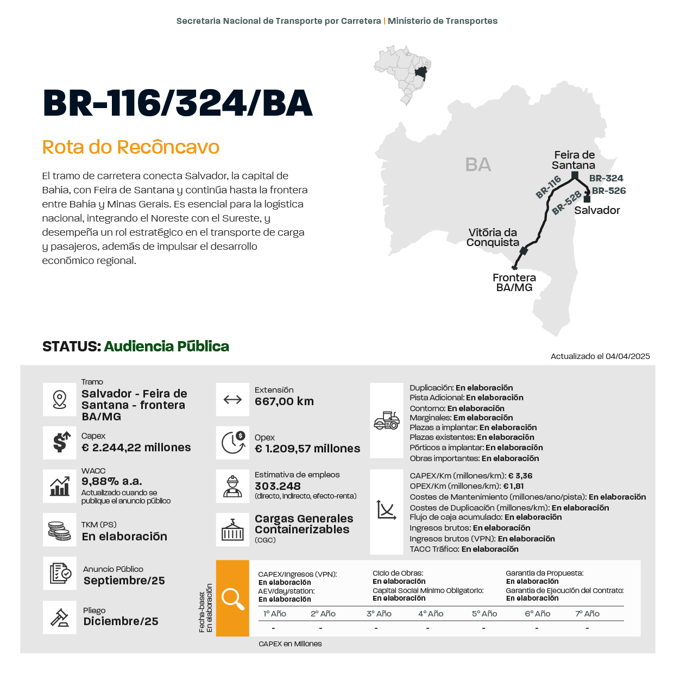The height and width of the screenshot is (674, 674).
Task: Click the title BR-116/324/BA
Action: tap(178, 103)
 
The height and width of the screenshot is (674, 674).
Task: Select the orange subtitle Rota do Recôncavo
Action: tap(131, 147)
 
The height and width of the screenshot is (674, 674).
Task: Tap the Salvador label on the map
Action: tap(597, 210)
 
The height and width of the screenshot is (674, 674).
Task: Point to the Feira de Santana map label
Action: tap(574, 160)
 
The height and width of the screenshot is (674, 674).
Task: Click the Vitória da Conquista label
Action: tap(493, 237)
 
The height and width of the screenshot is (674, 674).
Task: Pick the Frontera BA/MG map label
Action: tap(514, 282)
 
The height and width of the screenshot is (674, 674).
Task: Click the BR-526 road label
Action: tap(609, 191)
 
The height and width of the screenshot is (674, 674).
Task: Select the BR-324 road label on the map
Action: tap(606, 178)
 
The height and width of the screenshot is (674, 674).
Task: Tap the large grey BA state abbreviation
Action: tap(478, 165)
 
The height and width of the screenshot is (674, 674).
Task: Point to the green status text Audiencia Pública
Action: tap(166, 347)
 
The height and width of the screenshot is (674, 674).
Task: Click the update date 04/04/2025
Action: tap(627, 356)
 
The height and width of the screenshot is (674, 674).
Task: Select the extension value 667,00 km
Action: tap(284, 401)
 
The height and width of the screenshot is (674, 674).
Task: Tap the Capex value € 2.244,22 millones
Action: tap(136, 448)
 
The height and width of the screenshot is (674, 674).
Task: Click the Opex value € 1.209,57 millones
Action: tap(307, 449)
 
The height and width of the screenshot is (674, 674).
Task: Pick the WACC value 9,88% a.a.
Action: tap(112, 481)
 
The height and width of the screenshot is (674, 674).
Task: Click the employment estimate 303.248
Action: tap(278, 486)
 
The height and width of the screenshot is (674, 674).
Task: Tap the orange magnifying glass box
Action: tap(232, 598)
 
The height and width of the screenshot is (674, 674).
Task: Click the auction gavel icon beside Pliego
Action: tap(60, 618)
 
